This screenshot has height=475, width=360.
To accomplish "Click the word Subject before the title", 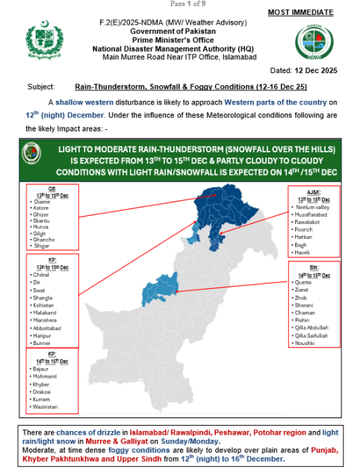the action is point(40,87).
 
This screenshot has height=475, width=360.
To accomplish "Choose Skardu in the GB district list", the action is point(40,222).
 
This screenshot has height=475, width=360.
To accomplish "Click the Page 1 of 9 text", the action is point(179,4).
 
